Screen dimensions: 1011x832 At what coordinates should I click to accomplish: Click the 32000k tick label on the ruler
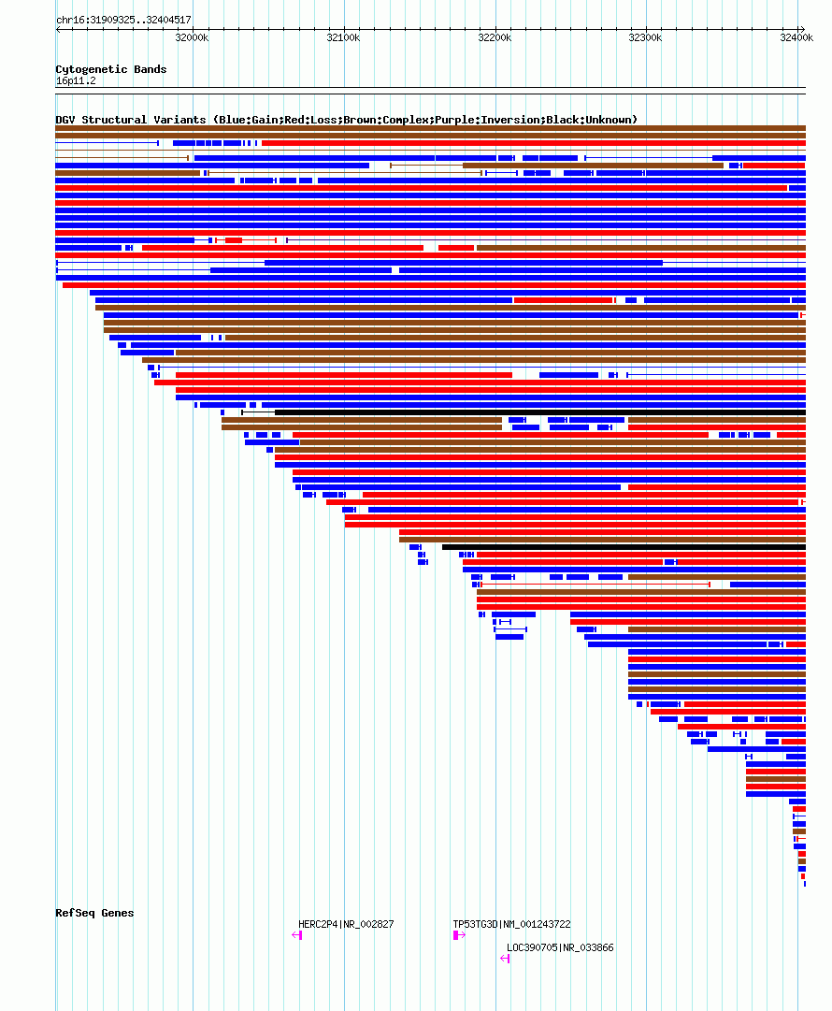pos(192,37)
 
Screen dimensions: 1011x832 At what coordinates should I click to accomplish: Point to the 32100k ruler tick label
pos(343,37)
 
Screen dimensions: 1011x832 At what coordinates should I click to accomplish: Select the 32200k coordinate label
pos(495,37)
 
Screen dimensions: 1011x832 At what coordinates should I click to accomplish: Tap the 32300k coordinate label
pos(645,37)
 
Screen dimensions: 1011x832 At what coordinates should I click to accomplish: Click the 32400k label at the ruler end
pos(796,37)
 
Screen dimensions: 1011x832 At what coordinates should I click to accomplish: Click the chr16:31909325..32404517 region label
pos(123,20)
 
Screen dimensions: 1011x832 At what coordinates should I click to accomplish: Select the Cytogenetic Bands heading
pos(110,69)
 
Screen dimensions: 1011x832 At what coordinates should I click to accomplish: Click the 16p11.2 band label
pos(76,80)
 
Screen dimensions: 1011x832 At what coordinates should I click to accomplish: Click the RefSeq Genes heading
pos(94,913)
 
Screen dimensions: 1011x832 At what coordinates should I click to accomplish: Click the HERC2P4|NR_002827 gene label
pos(346,924)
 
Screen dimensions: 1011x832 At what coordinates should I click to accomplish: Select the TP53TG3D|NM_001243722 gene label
pos(511,924)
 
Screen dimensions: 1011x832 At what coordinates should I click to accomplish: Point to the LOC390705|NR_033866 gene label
pos(560,947)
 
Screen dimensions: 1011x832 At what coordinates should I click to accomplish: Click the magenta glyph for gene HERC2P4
pos(297,935)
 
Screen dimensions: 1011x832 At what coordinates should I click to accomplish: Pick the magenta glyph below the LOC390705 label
pos(506,958)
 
